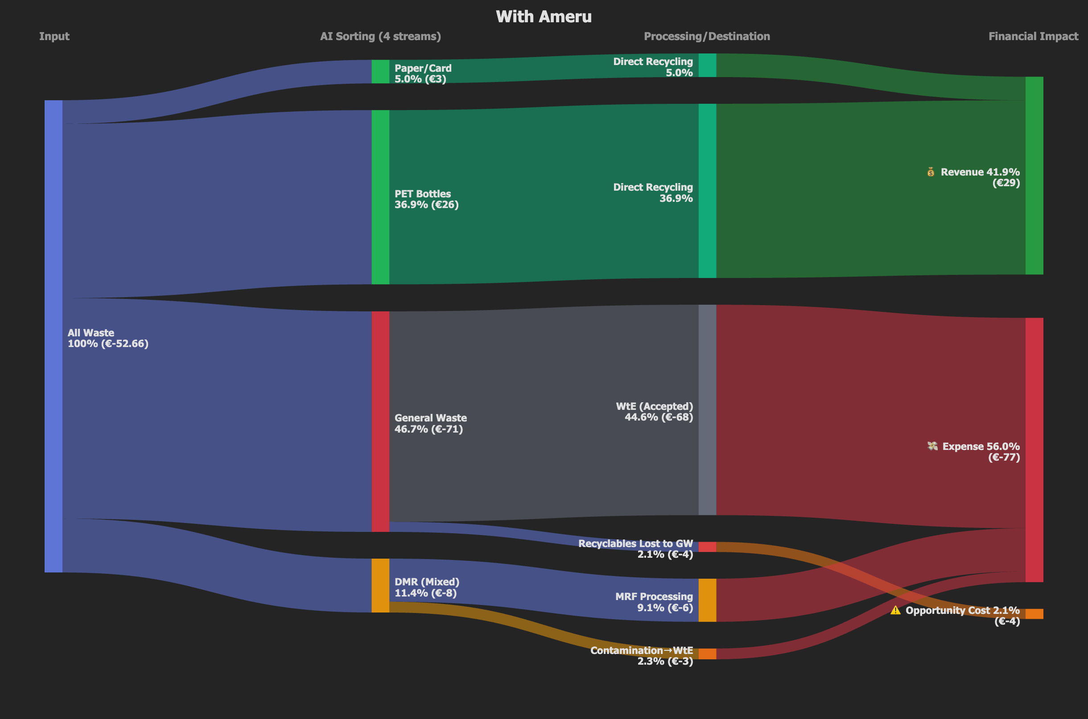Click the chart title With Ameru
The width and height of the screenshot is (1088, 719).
point(544,17)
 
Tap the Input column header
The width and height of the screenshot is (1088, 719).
point(54,36)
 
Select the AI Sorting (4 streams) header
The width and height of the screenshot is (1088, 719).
point(380,36)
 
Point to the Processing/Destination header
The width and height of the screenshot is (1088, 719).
point(707,36)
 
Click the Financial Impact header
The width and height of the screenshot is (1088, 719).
point(1033,36)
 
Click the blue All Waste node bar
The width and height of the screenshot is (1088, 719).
point(53,336)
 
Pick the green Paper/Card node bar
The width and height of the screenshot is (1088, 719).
point(380,72)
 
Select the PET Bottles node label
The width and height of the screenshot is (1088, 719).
point(426,200)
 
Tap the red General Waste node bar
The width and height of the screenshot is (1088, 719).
point(380,421)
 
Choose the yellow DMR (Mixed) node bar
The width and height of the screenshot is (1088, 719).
point(380,585)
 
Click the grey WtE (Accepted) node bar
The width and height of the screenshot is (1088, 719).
point(707,410)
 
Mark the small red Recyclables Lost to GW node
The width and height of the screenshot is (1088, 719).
point(707,547)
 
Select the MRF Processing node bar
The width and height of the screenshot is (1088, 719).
point(707,600)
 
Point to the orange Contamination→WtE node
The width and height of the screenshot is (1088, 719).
point(707,654)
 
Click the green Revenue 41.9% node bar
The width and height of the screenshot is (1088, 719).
point(1034,176)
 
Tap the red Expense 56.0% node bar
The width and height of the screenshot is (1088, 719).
point(1034,450)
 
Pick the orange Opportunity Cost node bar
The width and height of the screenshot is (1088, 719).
point(1034,614)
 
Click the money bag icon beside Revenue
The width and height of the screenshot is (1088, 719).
point(931,172)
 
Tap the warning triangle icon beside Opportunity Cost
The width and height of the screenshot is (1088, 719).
point(895,610)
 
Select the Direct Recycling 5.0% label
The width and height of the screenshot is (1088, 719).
point(653,67)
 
